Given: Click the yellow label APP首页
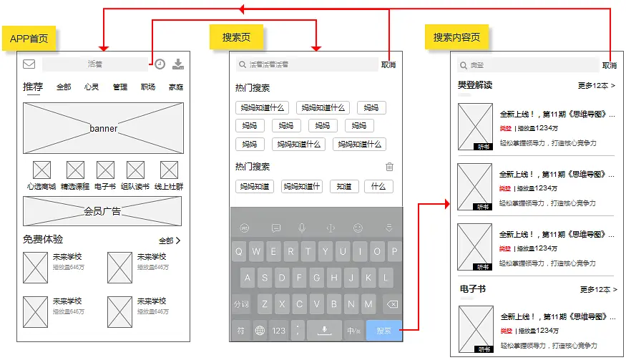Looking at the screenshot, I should click(x=29, y=39).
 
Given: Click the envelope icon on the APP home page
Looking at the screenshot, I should click(x=29, y=64).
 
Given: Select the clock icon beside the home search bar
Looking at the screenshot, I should click(x=160, y=64).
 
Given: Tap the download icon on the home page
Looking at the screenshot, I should click(x=178, y=64).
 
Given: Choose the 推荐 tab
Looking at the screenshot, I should click(x=33, y=87).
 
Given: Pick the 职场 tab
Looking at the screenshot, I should click(x=148, y=87).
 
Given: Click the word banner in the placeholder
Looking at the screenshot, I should click(x=104, y=129).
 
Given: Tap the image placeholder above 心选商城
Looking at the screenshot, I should click(x=42, y=170).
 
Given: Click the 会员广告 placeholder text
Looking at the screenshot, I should click(x=102, y=211).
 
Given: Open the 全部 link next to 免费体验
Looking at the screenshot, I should click(x=170, y=240).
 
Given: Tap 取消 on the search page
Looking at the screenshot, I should click(x=388, y=64).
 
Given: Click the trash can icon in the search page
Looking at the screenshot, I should click(x=389, y=167).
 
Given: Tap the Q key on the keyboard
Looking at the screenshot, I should click(x=239, y=251).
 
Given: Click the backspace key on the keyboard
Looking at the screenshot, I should click(x=391, y=304).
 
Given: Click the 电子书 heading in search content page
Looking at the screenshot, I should click(x=472, y=289).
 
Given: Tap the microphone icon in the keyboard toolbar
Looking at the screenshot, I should click(x=302, y=228).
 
